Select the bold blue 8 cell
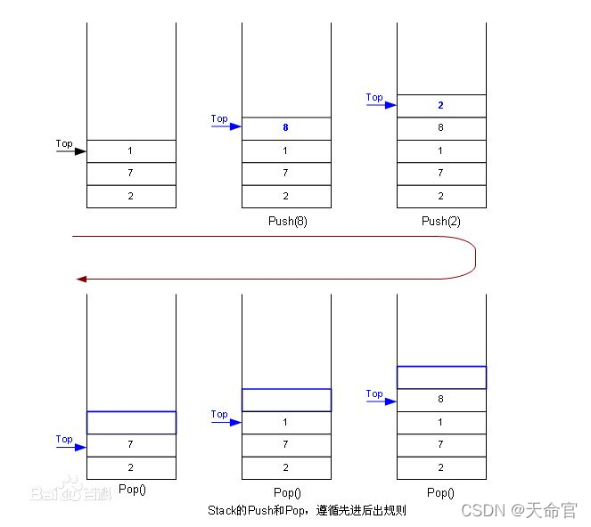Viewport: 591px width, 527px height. click(286, 128)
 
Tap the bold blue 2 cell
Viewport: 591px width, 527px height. click(441, 105)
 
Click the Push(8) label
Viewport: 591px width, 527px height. click(286, 221)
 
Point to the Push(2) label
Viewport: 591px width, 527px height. click(441, 221)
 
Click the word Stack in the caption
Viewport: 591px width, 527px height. click(220, 511)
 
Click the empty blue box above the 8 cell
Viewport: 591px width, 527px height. click(441, 377)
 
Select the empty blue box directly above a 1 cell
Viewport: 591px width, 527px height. click(286, 400)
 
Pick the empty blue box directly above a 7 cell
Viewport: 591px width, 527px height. click(131, 422)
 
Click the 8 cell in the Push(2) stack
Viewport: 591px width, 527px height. click(441, 128)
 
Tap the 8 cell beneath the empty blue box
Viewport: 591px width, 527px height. click(441, 400)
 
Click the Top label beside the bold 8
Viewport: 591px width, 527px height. click(219, 118)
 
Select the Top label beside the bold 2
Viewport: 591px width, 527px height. click(374, 97)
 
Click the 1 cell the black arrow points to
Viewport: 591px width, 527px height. click(131, 151)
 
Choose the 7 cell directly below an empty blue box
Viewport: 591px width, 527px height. click(131, 444)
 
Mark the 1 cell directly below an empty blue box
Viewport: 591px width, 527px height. click(286, 422)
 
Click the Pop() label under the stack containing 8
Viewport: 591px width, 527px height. click(441, 492)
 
